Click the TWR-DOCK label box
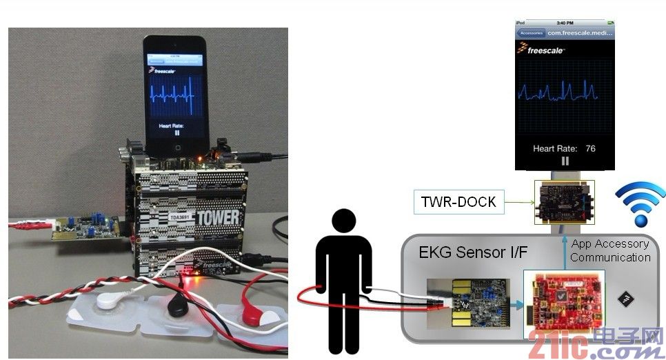tap(459, 202)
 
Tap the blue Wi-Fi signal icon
tap(640, 205)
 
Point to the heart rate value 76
tap(589, 148)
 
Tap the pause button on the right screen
tap(565, 161)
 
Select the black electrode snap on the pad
tap(178, 306)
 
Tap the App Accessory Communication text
tap(610, 250)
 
